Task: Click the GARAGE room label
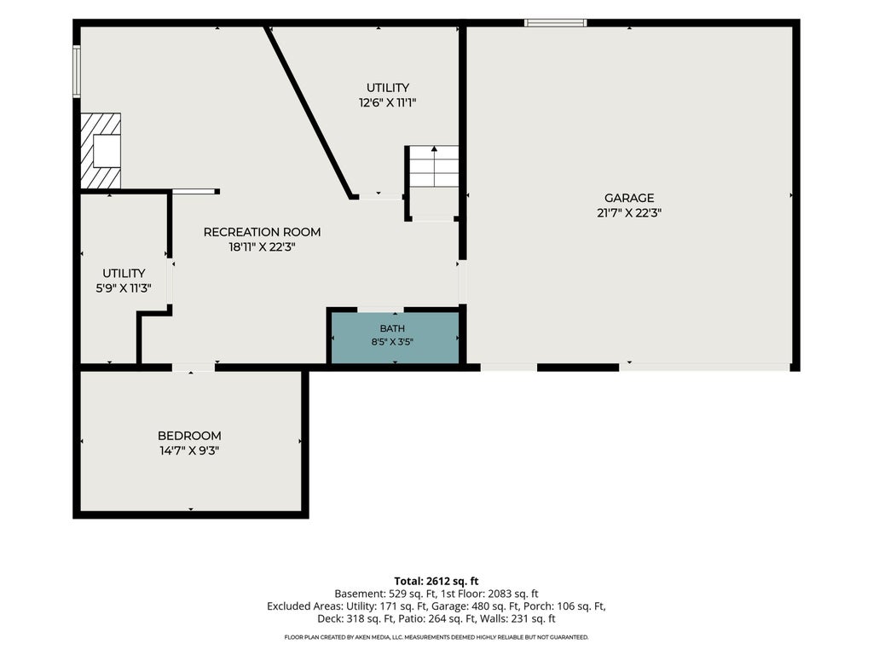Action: point(629,198)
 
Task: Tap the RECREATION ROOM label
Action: point(262,232)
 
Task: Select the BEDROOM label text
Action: point(189,436)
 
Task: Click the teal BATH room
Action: point(395,338)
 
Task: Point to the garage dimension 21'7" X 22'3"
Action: point(629,212)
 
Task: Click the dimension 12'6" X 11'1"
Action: point(388,102)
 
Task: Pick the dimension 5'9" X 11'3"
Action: point(124,288)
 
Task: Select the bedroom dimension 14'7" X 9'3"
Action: point(189,450)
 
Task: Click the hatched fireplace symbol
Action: point(101,151)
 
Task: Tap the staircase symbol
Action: point(434,166)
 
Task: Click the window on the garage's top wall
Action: point(555,23)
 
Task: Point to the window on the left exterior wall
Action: point(77,72)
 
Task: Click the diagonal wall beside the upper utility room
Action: point(309,112)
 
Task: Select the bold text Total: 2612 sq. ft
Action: point(436,582)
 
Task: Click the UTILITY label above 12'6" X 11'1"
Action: point(388,88)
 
